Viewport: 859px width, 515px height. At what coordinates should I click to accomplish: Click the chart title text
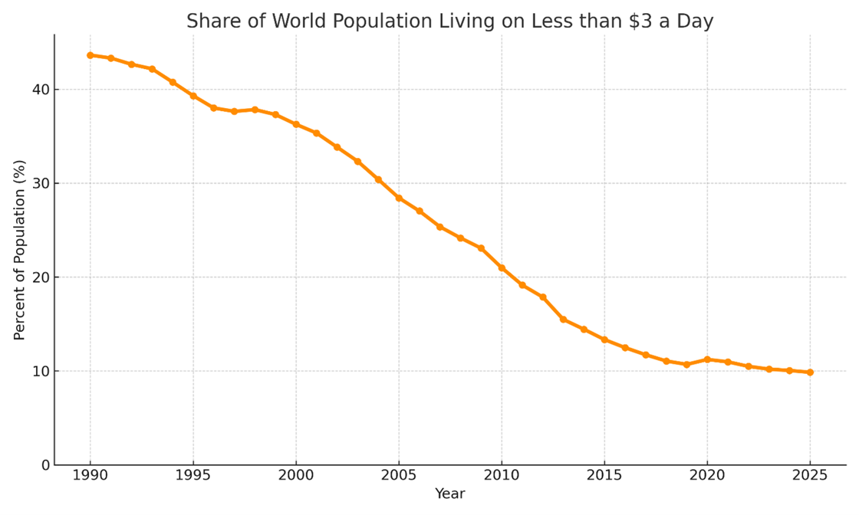449,21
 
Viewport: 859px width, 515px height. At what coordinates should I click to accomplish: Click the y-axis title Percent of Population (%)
20,250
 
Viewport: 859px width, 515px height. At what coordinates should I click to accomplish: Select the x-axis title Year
449,494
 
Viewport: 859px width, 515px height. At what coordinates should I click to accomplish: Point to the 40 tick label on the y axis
41,90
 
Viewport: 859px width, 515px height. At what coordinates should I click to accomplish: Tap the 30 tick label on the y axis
41,183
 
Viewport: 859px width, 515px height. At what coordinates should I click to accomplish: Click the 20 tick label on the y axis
41,277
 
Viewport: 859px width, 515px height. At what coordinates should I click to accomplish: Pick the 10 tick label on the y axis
41,371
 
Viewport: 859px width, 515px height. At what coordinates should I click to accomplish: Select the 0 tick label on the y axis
45,465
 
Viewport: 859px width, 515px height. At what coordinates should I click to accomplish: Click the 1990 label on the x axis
91,476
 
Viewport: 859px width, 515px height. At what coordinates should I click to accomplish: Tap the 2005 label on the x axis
399,476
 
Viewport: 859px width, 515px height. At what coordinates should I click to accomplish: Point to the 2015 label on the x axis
604,476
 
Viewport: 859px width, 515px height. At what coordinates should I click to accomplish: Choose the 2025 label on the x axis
810,476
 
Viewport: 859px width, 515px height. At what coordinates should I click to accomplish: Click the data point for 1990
91,55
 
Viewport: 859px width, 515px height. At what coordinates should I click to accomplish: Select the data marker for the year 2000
296,124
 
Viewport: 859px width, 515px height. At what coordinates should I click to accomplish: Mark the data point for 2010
502,268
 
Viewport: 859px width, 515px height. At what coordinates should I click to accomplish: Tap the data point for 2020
707,359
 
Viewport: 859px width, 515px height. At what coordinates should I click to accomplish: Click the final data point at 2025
810,372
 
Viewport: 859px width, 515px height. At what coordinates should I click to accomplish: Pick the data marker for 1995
193,96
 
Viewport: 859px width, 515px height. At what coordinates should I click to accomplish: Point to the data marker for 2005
399,198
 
